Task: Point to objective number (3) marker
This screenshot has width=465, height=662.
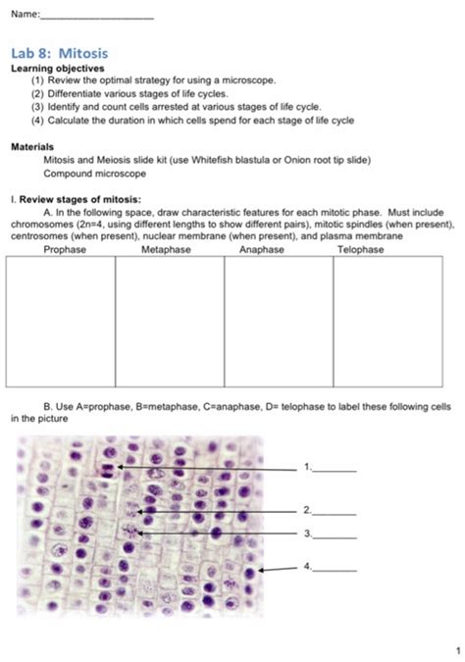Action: (x=38, y=105)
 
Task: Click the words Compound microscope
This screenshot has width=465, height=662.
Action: (x=94, y=174)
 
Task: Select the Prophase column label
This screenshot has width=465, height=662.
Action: (x=65, y=250)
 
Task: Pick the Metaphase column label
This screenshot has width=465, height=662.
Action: (x=165, y=250)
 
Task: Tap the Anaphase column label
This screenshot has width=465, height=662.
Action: (x=261, y=250)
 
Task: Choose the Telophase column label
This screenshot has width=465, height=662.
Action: (x=361, y=250)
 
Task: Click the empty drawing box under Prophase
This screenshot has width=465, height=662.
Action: (x=61, y=321)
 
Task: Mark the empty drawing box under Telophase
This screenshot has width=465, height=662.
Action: (x=387, y=321)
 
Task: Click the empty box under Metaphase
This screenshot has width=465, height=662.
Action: (x=170, y=321)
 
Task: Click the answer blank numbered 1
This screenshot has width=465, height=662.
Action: (x=336, y=469)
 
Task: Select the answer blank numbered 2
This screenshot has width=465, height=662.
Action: (x=336, y=512)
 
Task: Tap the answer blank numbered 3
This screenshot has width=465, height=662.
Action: (x=336, y=535)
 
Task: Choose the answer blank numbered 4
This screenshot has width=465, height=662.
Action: (x=336, y=568)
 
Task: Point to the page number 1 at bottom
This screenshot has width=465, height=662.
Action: (x=456, y=650)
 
